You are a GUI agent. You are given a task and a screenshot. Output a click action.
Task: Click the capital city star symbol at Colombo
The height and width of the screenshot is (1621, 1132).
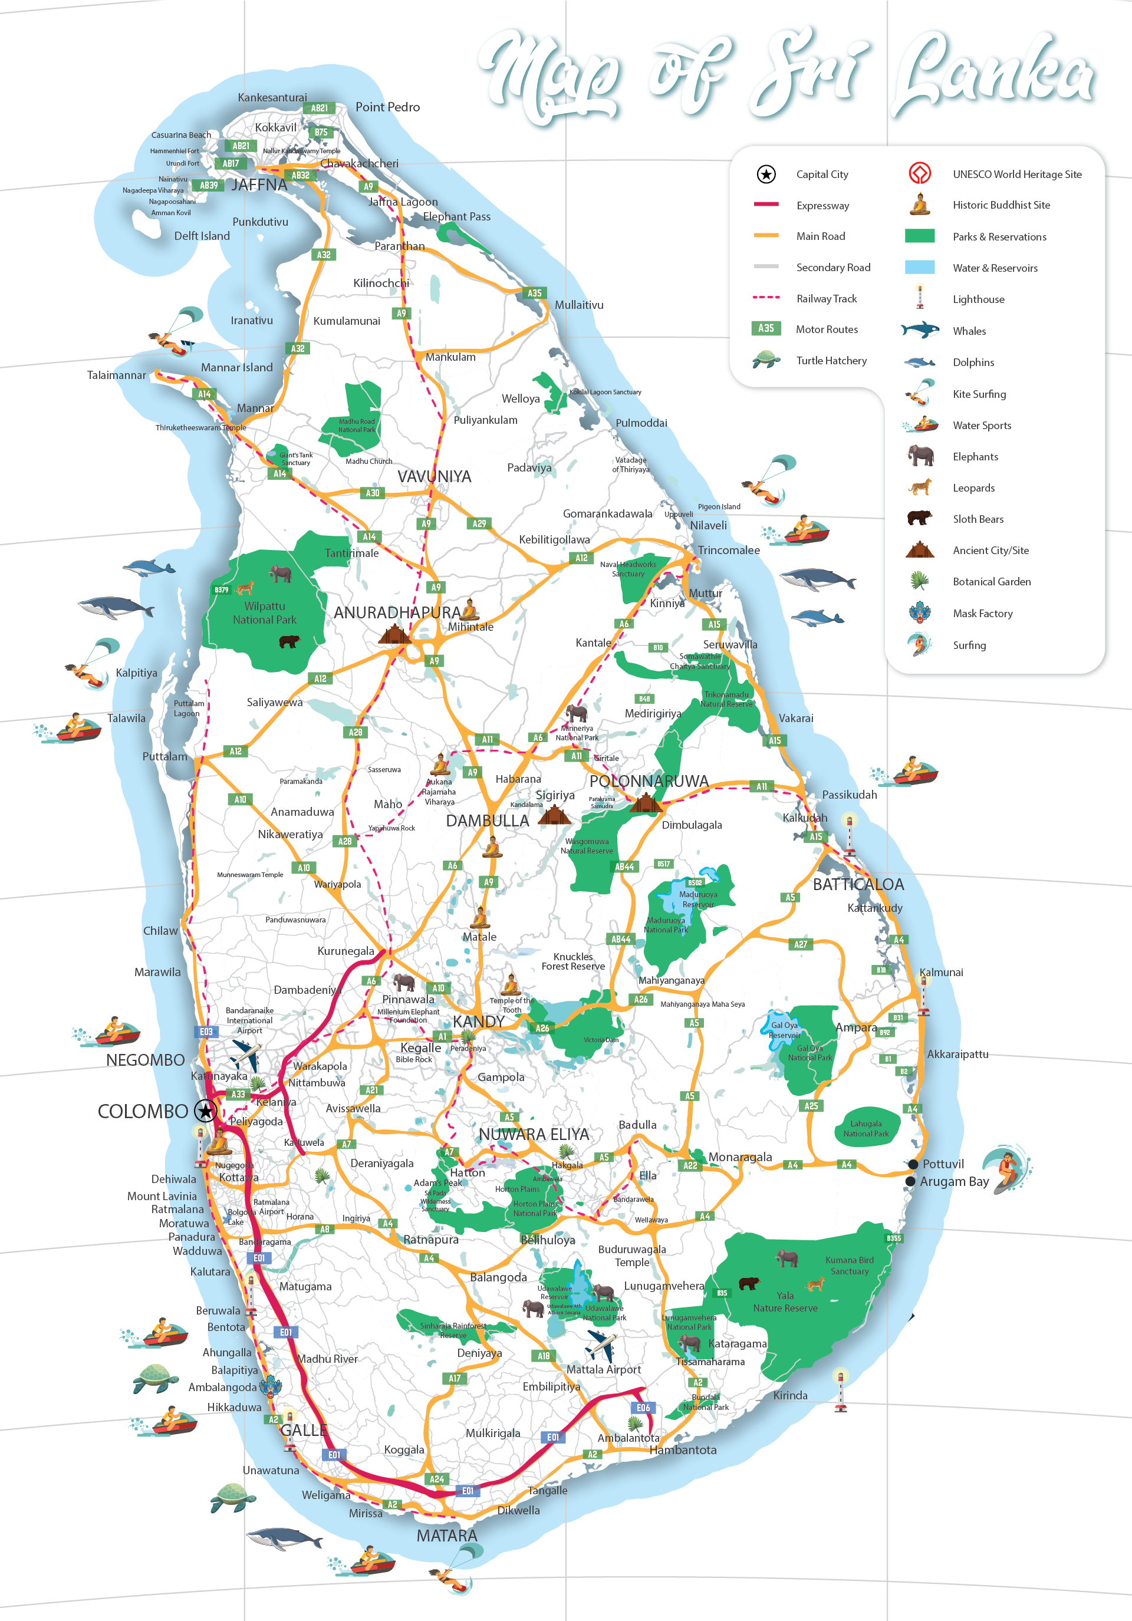tap(206, 1111)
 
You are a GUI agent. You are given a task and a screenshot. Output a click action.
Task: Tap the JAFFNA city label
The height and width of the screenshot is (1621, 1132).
tap(259, 185)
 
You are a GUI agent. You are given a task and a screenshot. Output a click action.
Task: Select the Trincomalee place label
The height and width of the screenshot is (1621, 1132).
tap(729, 550)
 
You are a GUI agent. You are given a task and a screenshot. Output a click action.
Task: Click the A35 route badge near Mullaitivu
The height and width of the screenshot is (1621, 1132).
tap(535, 293)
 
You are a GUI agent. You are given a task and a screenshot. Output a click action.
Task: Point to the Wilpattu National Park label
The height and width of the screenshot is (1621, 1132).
tap(265, 613)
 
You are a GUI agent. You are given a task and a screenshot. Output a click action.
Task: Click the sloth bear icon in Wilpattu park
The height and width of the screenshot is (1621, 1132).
tap(289, 641)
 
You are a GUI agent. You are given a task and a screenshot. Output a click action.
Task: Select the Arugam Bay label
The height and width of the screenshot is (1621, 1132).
tap(954, 1182)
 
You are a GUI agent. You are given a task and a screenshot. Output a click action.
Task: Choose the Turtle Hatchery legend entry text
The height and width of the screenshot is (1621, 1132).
tap(831, 361)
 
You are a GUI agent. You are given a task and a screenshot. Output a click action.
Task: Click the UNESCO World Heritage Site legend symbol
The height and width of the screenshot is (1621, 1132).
tap(919, 173)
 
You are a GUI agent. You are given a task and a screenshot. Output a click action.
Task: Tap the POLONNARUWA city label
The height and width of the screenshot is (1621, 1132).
tap(649, 782)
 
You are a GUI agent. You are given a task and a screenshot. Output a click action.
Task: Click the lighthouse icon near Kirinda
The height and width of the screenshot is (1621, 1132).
tap(840, 1389)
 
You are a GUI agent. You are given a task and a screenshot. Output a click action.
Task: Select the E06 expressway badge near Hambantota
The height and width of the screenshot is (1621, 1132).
tap(643, 1408)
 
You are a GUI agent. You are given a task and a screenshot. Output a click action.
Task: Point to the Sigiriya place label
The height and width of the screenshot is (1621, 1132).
tap(555, 795)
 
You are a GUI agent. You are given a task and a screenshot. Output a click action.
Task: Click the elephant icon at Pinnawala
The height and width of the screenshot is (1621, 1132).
tap(404, 981)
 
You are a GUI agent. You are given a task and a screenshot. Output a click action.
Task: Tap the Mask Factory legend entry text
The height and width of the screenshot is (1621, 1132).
tap(982, 614)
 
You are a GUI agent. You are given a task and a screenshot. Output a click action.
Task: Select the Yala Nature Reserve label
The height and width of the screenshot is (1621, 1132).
tap(785, 1302)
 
